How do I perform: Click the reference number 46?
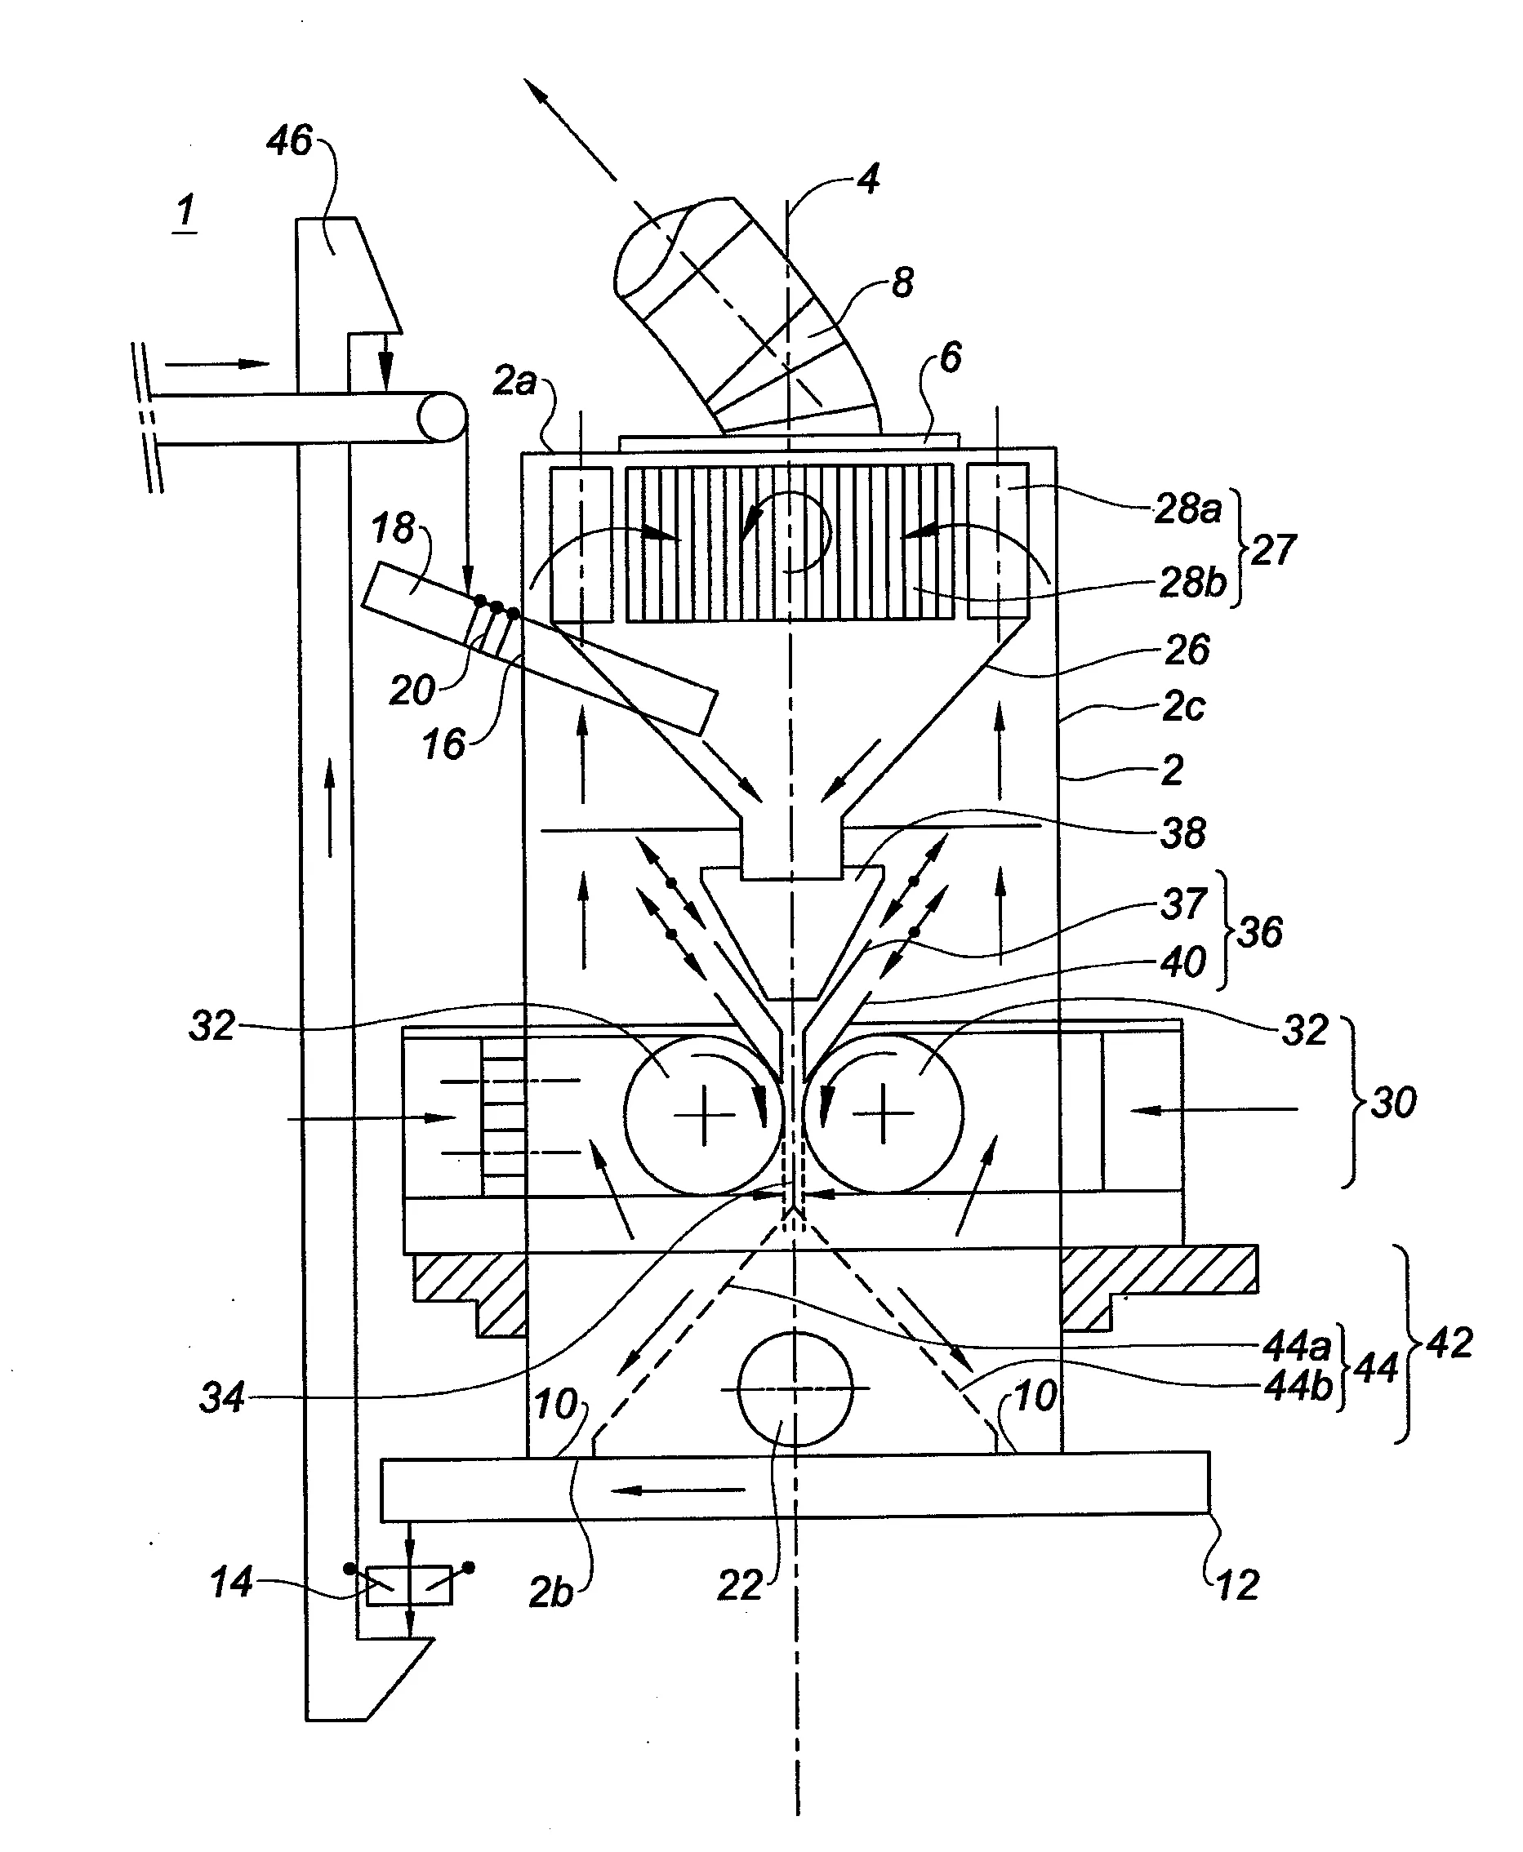[290, 140]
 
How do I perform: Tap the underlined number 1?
[185, 211]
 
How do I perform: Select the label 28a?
[1187, 509]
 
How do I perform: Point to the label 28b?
[1192, 582]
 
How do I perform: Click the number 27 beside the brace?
[1273, 550]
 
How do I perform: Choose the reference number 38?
[1182, 833]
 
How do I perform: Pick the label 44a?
[1297, 1345]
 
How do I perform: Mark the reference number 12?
[1238, 1584]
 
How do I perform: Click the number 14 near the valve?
[231, 1582]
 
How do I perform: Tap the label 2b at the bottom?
[552, 1592]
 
